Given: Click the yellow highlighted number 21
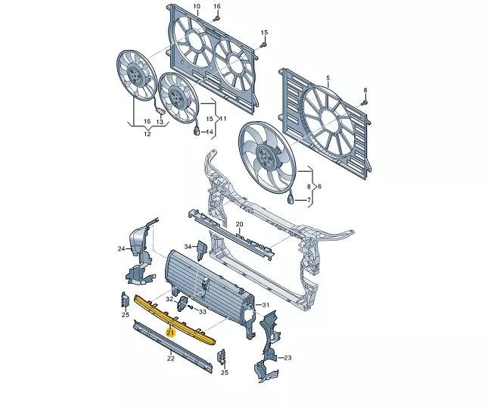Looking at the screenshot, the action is click(x=170, y=333).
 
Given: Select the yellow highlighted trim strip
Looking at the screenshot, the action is click(x=174, y=319).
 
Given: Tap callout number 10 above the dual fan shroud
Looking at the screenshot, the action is click(x=197, y=6).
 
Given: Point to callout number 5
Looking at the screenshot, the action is click(x=328, y=78).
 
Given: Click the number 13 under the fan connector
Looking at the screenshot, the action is click(x=160, y=122).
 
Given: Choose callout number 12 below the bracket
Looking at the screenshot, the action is click(x=148, y=134).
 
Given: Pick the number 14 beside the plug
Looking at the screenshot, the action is click(x=210, y=132).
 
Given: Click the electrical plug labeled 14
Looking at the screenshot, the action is click(x=197, y=131).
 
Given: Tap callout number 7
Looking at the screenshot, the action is click(x=309, y=200).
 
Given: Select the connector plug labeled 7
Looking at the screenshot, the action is click(x=291, y=199).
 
